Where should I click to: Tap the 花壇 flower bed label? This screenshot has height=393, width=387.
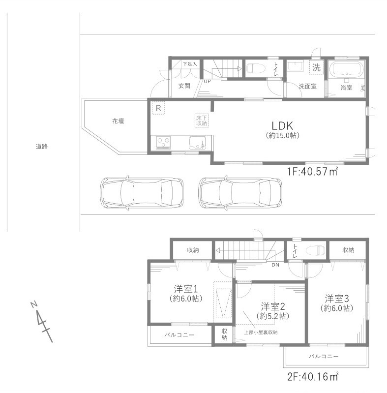tap(118, 121)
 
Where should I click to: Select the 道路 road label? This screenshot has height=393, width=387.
tap(42, 147)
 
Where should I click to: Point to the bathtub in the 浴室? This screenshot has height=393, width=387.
tap(346, 69)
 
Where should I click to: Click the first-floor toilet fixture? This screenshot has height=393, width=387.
tap(255, 68)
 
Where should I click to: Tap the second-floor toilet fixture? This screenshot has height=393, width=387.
tap(315, 250)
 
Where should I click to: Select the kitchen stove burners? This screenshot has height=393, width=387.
tap(163, 143)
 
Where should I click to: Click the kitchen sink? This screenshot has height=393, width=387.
tap(199, 143)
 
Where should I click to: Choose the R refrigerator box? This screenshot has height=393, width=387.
tap(159, 107)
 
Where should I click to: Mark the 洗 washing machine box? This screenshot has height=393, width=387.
tap(316, 68)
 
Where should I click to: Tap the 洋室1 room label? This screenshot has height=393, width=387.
tap(185, 289)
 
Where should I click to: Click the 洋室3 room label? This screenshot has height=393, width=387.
tap(336, 298)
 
